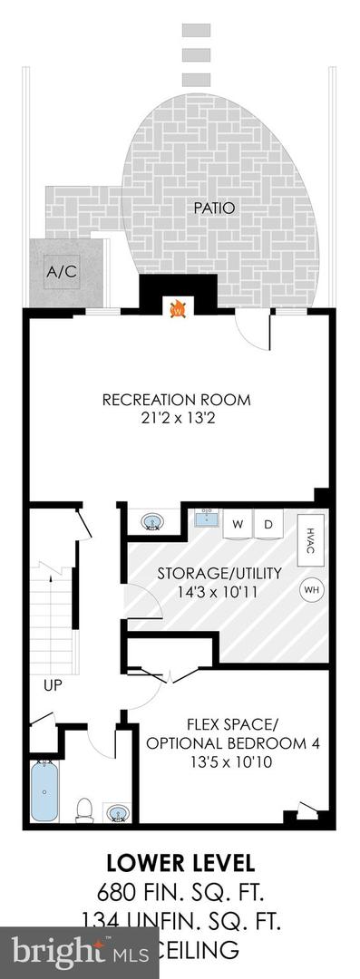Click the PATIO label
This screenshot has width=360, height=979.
point(214,208)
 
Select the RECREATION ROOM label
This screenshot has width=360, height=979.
point(176,400)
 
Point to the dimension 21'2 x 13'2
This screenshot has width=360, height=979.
point(176,420)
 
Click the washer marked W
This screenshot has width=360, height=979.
point(238,524)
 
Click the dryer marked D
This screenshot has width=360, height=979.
point(268,524)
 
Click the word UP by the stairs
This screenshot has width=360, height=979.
point(54,685)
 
